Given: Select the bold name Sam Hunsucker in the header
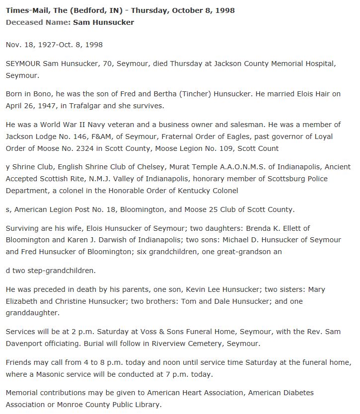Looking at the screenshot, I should click(x=103, y=22).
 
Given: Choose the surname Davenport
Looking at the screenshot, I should click(x=25, y=344).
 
